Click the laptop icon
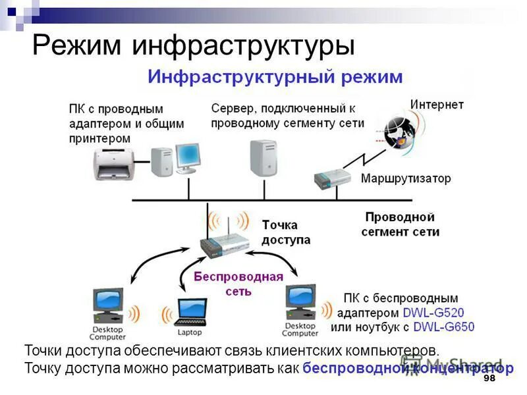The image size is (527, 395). tap(189, 311)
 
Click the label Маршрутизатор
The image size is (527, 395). tap(406, 178)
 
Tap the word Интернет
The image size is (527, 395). tap(437, 105)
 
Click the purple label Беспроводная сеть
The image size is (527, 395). tap(238, 283)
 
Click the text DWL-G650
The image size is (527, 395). tap(444, 327)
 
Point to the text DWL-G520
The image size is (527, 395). tap(431, 313)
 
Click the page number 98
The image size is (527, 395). tap(489, 380)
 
